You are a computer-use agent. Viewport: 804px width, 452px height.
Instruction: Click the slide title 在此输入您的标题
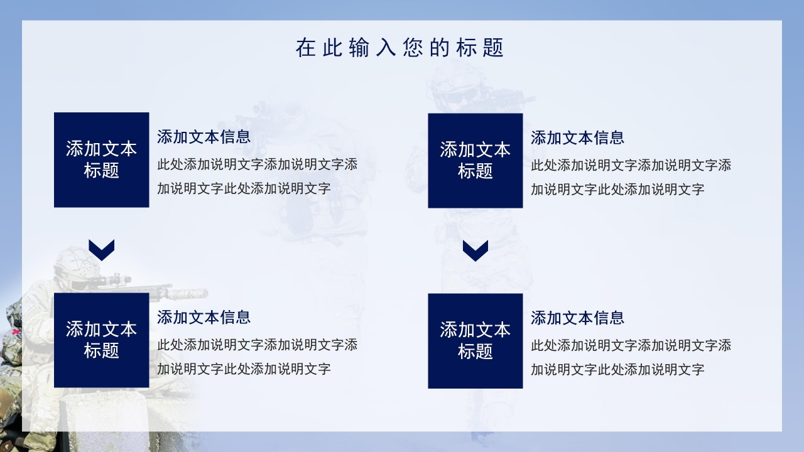point(399,48)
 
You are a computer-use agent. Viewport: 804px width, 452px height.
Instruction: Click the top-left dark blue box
point(101,159)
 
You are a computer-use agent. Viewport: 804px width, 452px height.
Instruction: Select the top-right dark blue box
point(475,160)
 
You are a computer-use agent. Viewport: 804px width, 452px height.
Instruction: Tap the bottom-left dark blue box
point(101,340)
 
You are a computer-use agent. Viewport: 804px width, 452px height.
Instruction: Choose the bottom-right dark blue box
point(475,340)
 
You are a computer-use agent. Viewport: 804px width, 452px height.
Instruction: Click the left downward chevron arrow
point(101,250)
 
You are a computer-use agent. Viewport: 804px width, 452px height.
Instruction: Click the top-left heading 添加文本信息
point(204,137)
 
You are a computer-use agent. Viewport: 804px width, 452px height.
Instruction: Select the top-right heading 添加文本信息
point(577,137)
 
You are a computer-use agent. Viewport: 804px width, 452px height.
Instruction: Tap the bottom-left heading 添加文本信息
point(204,317)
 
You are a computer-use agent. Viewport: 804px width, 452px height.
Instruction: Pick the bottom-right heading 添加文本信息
point(577,318)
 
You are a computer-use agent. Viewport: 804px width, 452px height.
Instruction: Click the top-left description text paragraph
point(257,176)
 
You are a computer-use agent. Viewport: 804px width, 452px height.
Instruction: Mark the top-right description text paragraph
point(631,177)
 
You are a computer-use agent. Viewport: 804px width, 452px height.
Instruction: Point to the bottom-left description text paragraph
point(257,357)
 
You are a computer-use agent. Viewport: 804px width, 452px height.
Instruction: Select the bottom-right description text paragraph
point(631,357)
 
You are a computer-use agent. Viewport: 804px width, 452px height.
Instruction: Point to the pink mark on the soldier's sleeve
point(14,331)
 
